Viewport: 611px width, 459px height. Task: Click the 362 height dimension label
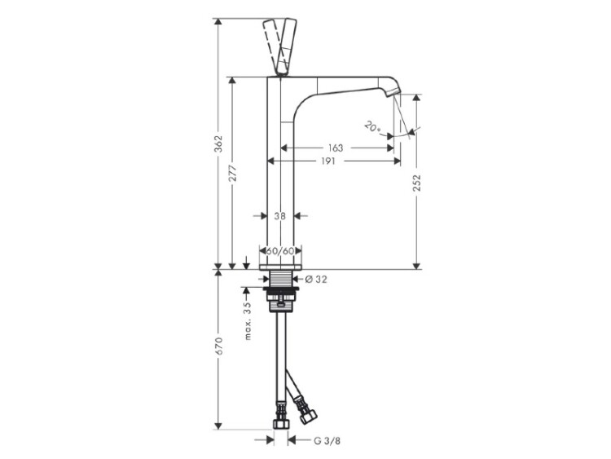tap(219, 144)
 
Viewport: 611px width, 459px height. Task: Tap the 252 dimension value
tap(417, 183)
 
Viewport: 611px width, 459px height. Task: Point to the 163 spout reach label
tap(336, 148)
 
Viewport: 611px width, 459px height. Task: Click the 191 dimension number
tap(328, 161)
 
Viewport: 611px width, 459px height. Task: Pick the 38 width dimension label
tap(279, 216)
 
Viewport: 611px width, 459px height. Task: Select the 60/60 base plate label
tap(280, 251)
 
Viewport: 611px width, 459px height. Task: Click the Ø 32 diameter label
tap(316, 279)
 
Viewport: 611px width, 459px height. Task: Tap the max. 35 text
tap(247, 321)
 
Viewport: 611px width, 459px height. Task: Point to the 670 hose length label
tap(219, 346)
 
